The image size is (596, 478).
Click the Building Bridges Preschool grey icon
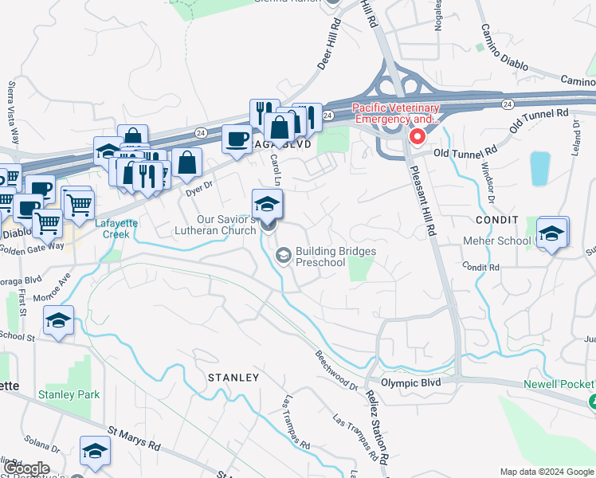283,255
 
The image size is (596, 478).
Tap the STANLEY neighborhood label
233,377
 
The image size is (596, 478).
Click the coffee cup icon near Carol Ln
236,139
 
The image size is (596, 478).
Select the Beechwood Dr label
335,370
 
